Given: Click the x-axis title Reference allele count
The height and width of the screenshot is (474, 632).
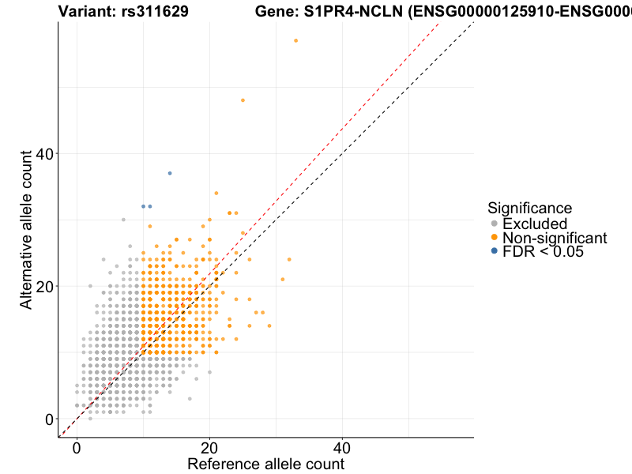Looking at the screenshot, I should click(265, 464).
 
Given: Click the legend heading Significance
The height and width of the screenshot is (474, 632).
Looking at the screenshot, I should click(530, 209).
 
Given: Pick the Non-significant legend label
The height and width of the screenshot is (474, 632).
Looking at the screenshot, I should click(555, 238).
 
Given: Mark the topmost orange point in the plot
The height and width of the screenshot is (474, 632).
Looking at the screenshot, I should click(295, 40).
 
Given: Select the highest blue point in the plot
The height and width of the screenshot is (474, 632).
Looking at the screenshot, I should click(170, 173).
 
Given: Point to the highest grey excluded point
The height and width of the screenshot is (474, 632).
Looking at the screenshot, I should click(123, 220).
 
